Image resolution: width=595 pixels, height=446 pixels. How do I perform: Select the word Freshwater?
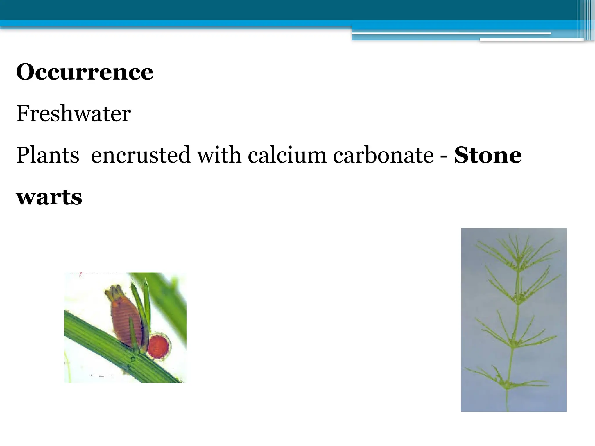(x=74, y=114)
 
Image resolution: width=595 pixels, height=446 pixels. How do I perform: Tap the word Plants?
(x=48, y=155)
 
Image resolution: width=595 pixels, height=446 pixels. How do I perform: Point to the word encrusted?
(x=141, y=155)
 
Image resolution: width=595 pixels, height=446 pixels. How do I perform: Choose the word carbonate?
(x=383, y=155)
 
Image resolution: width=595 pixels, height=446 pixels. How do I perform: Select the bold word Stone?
(x=488, y=155)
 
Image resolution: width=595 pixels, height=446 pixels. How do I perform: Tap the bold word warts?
(x=49, y=197)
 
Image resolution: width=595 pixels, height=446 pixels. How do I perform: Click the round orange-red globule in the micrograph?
(x=158, y=346)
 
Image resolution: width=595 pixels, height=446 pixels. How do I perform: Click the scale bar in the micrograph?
(x=101, y=375)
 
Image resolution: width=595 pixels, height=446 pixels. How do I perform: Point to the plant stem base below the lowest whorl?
(x=507, y=402)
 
